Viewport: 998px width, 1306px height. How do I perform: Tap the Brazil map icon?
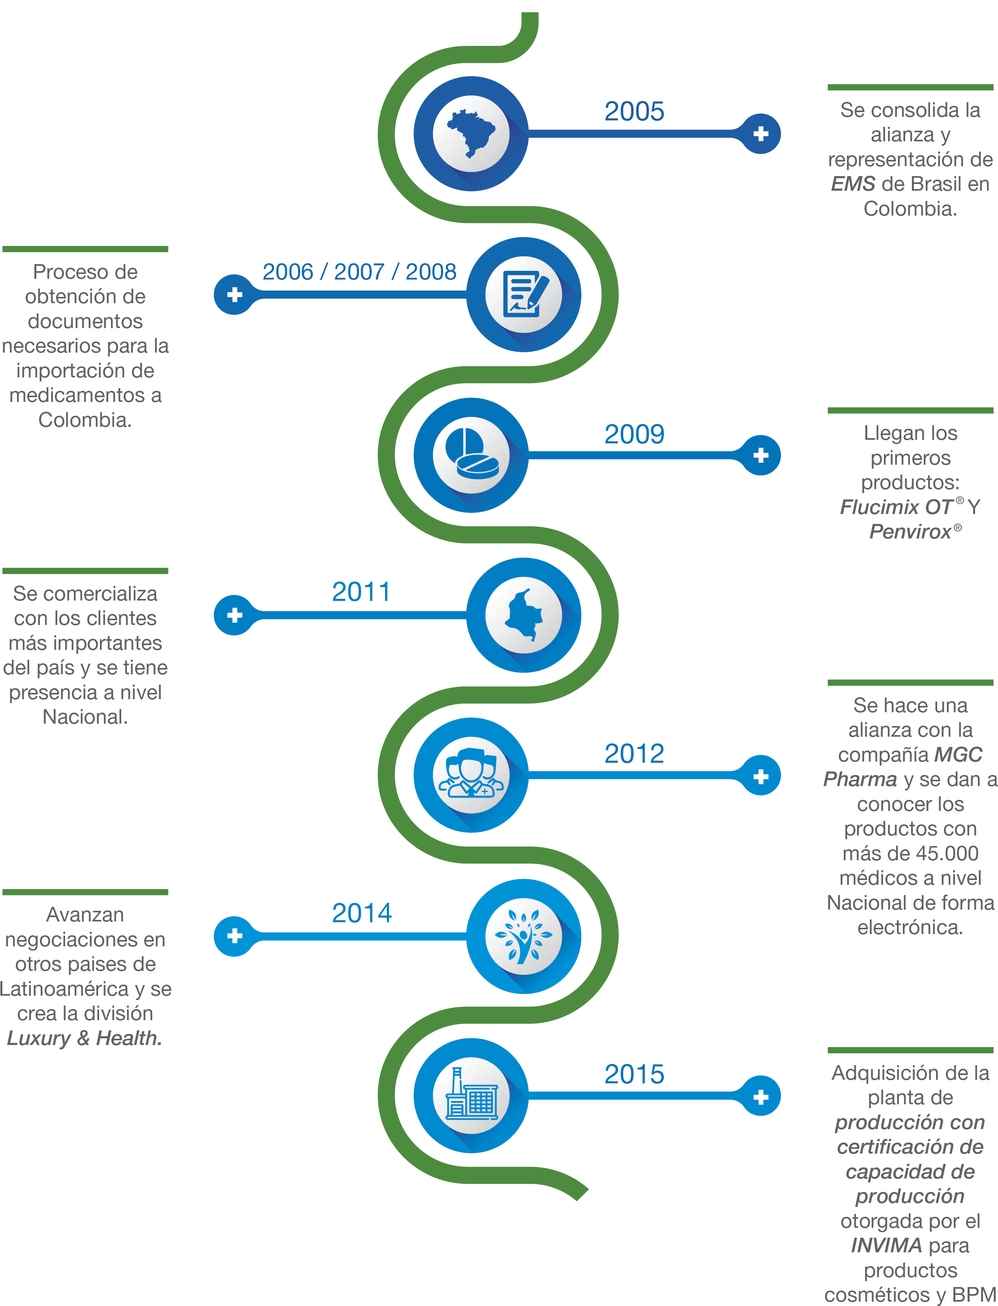click(x=470, y=133)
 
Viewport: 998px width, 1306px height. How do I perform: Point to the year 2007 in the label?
click(x=359, y=272)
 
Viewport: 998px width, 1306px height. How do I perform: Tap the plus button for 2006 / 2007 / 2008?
click(x=235, y=295)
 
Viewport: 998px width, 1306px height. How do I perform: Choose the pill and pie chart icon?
click(x=470, y=455)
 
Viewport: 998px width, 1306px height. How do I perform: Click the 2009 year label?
click(x=634, y=435)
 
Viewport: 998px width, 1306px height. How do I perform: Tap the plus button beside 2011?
click(x=235, y=615)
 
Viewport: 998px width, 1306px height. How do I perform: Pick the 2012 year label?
click(x=634, y=754)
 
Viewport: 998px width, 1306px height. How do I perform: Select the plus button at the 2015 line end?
click(x=760, y=1097)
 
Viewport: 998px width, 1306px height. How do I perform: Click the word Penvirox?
click(x=910, y=531)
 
